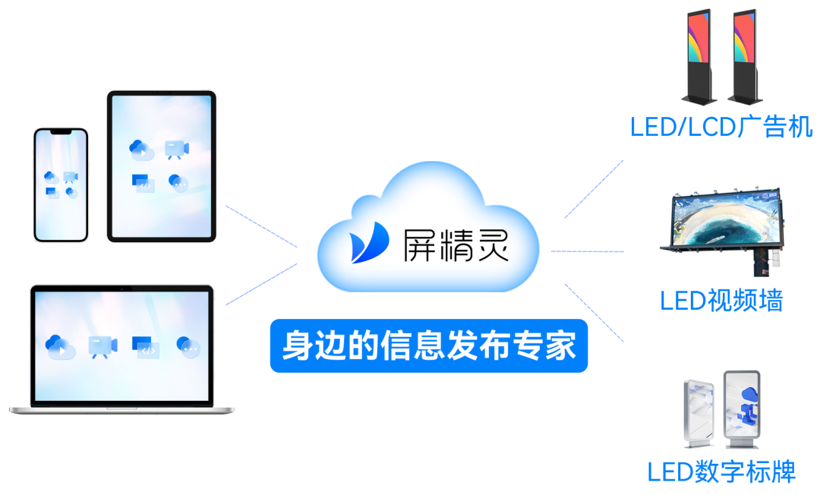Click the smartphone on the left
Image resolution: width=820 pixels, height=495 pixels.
(x=61, y=185)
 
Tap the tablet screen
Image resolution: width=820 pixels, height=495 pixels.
(x=162, y=165)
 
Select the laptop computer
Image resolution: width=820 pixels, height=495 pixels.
(x=121, y=350)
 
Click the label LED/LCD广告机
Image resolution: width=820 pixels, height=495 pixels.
(x=721, y=126)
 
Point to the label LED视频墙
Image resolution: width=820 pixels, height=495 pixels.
(x=721, y=301)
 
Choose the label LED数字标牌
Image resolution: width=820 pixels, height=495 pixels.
(x=721, y=471)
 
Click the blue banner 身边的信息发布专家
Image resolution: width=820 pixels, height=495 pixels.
(x=429, y=346)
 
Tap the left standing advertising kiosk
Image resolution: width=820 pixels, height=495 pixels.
(x=699, y=57)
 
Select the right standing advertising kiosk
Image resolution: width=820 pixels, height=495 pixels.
(x=744, y=57)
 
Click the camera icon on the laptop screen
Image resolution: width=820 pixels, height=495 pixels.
(x=102, y=346)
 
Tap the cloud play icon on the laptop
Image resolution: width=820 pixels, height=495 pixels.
(x=59, y=346)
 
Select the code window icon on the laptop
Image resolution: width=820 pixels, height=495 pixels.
(x=145, y=346)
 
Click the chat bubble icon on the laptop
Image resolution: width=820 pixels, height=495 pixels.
(x=188, y=346)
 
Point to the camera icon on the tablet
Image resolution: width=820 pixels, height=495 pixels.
(x=177, y=149)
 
